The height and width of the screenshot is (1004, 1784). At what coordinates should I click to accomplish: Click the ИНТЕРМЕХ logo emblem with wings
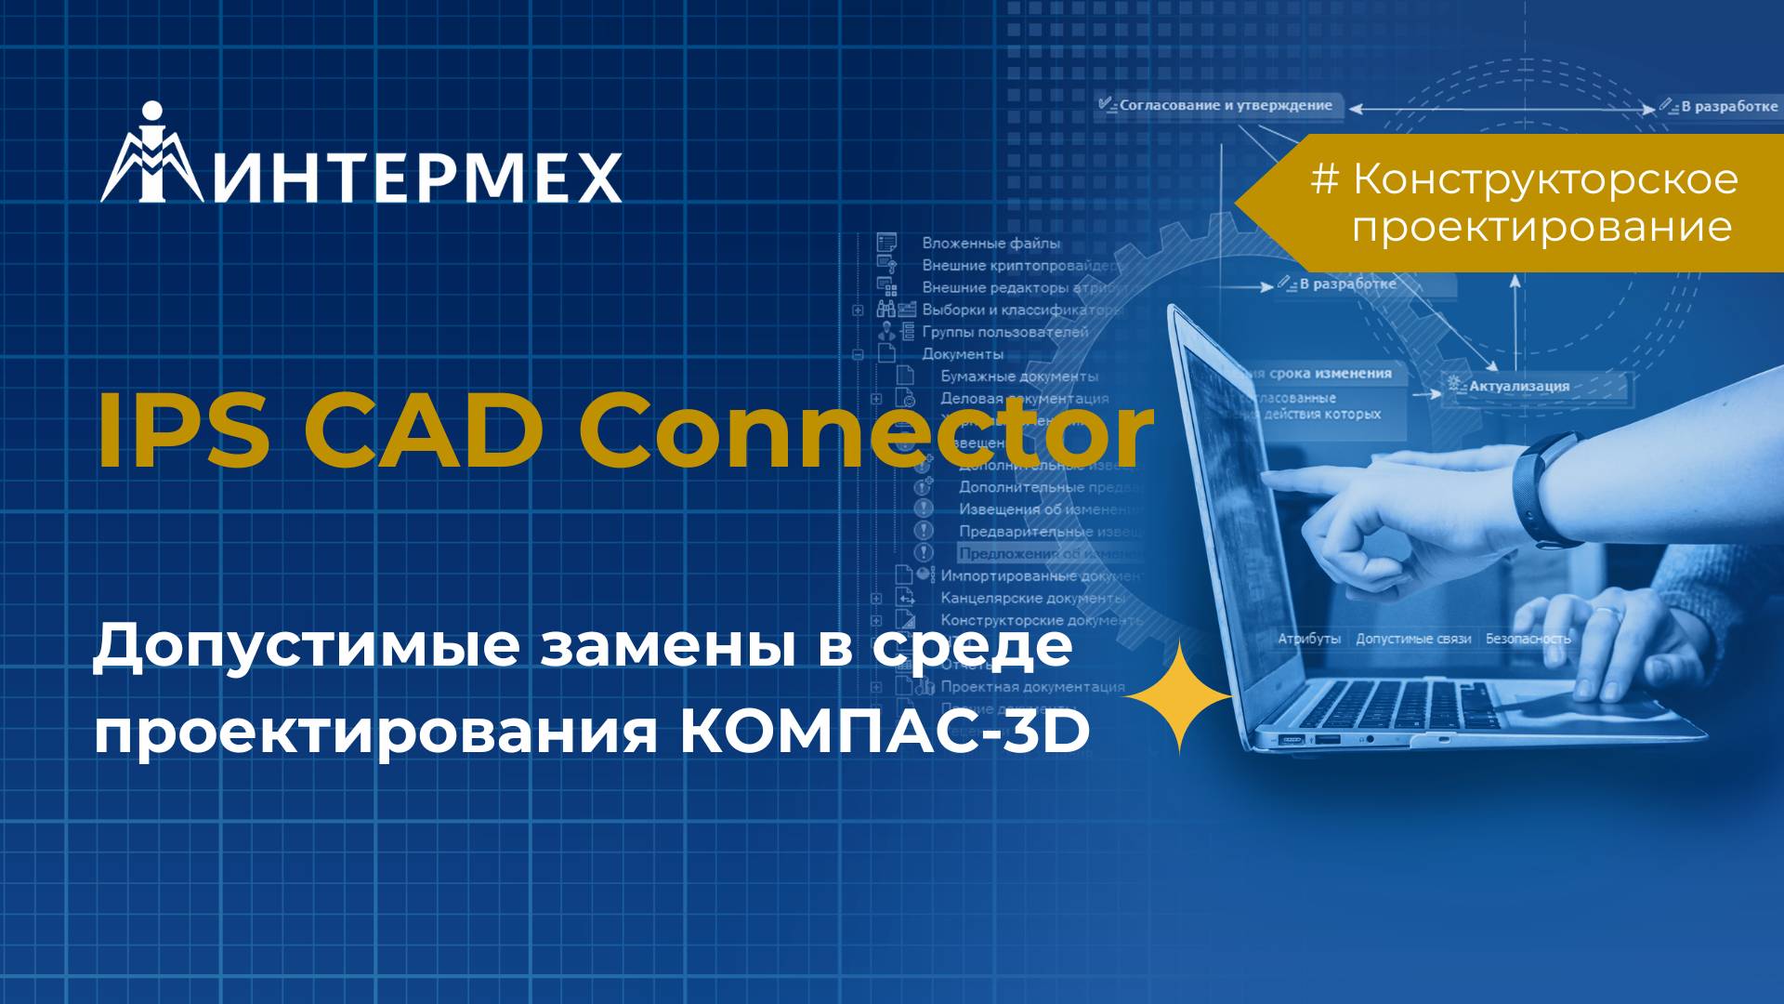click(151, 156)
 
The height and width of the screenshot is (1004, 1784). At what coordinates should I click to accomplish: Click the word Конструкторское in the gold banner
click(1545, 179)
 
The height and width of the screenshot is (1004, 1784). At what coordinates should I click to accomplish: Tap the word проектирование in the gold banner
click(1541, 228)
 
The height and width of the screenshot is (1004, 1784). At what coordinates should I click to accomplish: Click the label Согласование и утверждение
click(1225, 106)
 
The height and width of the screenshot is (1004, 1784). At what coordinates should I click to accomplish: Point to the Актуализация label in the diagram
click(1518, 386)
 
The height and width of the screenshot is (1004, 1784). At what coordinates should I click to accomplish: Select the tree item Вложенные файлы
click(990, 244)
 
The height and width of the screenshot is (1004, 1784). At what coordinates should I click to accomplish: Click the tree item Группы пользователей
click(1004, 332)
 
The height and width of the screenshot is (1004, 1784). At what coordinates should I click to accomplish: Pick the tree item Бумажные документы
click(1019, 376)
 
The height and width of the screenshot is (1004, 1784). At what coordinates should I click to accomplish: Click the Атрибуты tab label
click(1308, 639)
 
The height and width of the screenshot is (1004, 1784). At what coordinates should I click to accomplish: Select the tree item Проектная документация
click(1032, 687)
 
